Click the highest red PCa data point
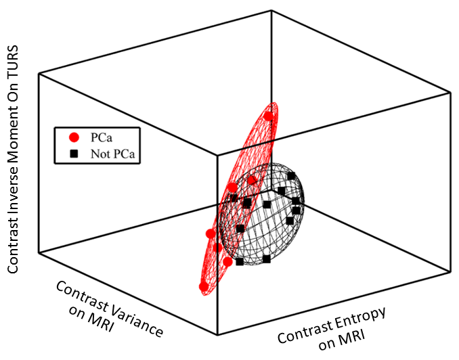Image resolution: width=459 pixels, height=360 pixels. [269, 116]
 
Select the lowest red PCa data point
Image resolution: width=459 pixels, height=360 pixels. [204, 287]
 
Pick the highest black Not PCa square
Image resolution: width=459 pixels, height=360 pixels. [291, 176]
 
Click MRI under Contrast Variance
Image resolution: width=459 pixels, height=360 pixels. [97, 321]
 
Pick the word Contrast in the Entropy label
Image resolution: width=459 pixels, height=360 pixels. [301, 330]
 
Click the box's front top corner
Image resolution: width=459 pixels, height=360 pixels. [218, 155]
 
